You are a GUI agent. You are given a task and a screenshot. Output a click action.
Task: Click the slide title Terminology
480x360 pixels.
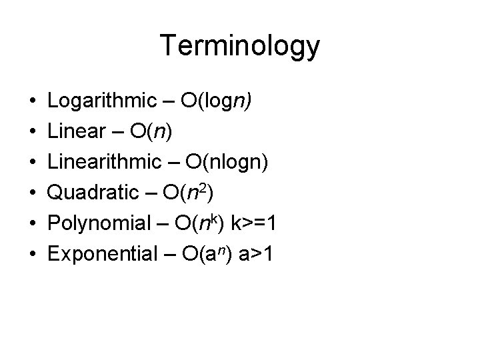[240, 47]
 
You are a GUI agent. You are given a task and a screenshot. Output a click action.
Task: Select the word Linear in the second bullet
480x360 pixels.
[75, 131]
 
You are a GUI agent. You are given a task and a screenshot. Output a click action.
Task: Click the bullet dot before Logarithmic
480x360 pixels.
[33, 101]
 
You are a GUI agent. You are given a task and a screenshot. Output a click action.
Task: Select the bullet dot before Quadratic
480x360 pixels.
[33, 193]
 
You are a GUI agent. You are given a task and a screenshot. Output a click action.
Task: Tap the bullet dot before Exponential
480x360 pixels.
[33, 255]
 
